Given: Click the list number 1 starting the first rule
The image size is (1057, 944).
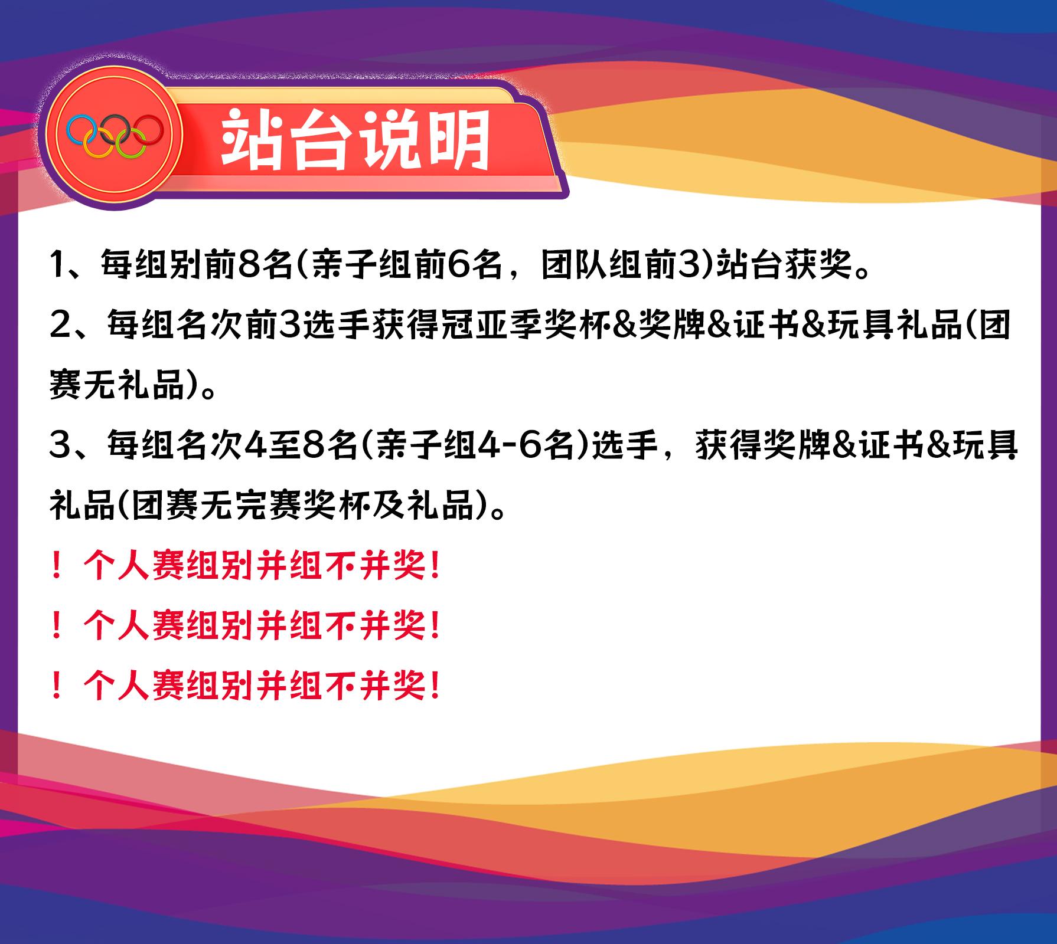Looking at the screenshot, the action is pos(58,265).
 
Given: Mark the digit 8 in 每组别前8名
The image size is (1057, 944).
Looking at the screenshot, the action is pos(243,265).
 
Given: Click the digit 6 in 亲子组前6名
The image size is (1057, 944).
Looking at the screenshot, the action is pos(458,265).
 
